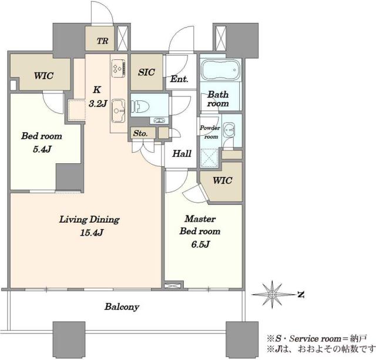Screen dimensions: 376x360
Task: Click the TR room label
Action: [103, 41]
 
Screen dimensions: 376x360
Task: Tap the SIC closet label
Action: [146, 72]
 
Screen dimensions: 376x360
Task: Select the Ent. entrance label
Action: [179, 79]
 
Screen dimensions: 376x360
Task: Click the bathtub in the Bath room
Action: [221, 70]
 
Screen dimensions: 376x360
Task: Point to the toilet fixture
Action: [140, 106]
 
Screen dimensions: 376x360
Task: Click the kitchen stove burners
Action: [119, 68]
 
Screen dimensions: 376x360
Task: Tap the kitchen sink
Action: [119, 111]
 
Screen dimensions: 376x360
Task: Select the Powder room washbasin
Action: [229, 129]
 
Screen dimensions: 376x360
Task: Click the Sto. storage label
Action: [140, 133]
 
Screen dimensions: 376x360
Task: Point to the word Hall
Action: [182, 153]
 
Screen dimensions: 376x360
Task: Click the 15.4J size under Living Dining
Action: [92, 233]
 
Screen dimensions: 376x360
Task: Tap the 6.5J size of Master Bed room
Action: [200, 244]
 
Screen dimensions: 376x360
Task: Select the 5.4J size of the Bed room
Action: [42, 149]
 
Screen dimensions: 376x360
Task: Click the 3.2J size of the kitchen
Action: [98, 103]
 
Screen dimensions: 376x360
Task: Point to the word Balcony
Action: [122, 307]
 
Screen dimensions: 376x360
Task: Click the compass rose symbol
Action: [272, 294]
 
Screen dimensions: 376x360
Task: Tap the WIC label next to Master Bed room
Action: [222, 180]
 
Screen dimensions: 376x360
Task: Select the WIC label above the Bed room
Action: [43, 76]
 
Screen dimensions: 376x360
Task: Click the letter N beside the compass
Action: [301, 294]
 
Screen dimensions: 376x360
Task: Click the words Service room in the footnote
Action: [315, 339]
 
